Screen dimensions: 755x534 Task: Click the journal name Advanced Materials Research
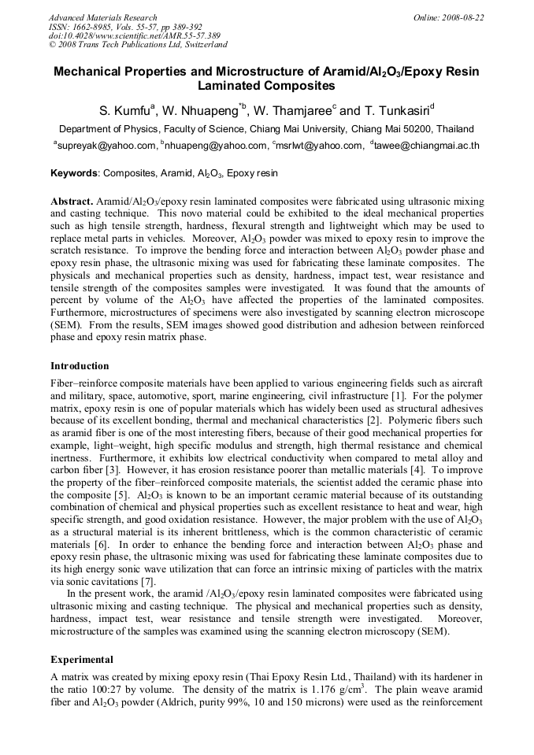click(x=103, y=17)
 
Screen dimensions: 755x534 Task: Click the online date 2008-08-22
click(x=462, y=17)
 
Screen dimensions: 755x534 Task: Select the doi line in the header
click(x=135, y=36)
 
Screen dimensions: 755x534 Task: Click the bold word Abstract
click(x=72, y=202)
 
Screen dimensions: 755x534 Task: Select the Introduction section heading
click(x=80, y=366)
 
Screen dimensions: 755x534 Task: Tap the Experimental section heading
click(x=82, y=659)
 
